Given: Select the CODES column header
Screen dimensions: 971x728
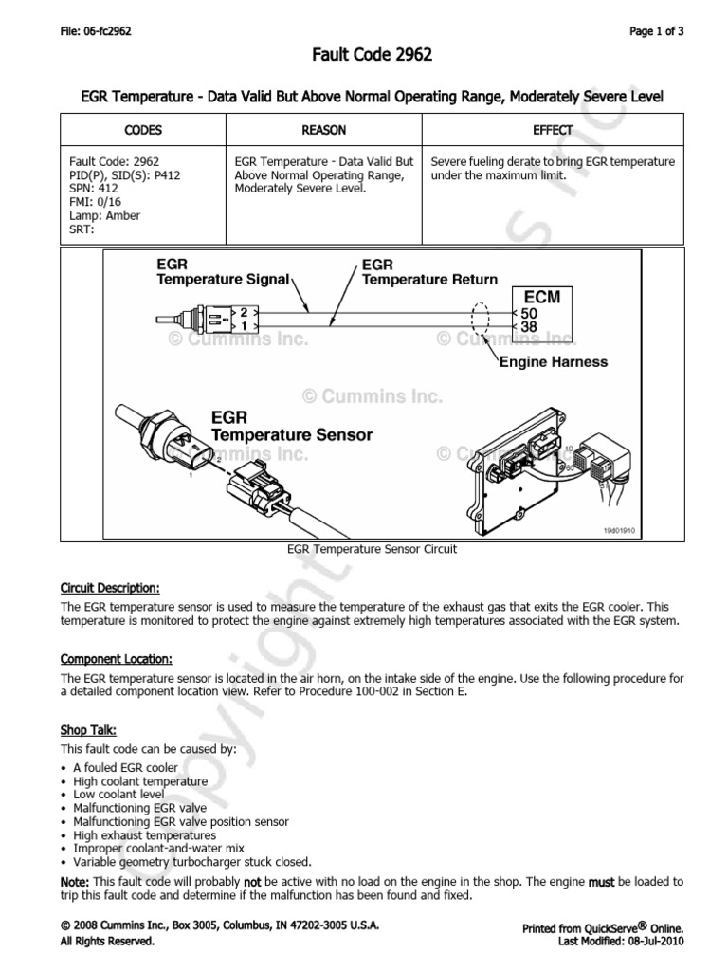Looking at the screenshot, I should coord(143,130).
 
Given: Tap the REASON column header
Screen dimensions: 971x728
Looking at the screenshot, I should coord(323,130).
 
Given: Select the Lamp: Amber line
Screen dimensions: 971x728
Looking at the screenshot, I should coord(104,215).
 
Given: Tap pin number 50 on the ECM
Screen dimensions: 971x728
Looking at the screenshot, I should coord(529,312).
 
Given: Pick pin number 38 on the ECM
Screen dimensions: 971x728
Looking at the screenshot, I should coord(529,326).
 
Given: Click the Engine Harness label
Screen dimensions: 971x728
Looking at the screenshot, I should coord(554,362).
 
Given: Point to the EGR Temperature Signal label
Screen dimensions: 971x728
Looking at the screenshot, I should coord(227,272).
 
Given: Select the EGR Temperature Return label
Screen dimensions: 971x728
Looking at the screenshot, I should coord(429,272).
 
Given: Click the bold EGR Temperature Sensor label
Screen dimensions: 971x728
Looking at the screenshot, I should coord(291,426).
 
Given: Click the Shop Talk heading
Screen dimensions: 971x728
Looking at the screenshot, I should coord(88,731).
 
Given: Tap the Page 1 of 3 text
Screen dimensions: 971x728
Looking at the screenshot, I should coord(656,31).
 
